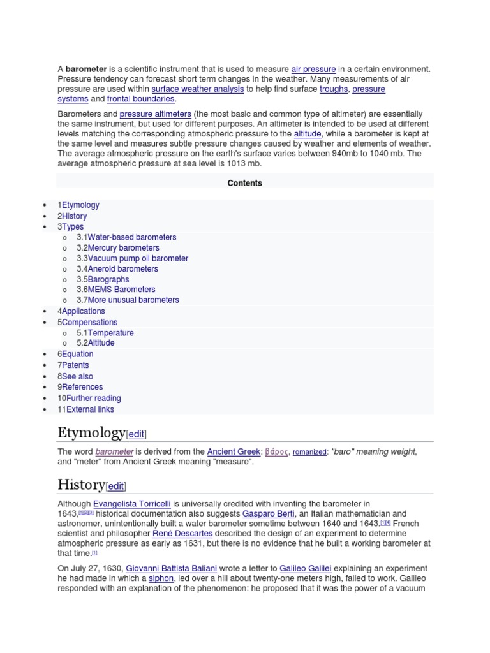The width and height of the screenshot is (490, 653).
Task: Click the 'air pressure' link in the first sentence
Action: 313,69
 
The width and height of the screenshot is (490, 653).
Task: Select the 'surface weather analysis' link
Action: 198,89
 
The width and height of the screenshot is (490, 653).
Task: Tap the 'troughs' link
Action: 333,89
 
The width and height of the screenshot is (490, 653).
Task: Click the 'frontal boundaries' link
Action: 140,99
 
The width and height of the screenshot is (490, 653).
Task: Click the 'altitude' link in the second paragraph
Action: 308,134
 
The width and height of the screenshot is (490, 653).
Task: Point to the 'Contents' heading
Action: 245,183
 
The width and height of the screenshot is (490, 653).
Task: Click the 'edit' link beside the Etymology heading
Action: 137,435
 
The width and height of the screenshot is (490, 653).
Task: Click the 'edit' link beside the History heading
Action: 115,487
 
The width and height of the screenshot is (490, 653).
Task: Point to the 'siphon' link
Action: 160,578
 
